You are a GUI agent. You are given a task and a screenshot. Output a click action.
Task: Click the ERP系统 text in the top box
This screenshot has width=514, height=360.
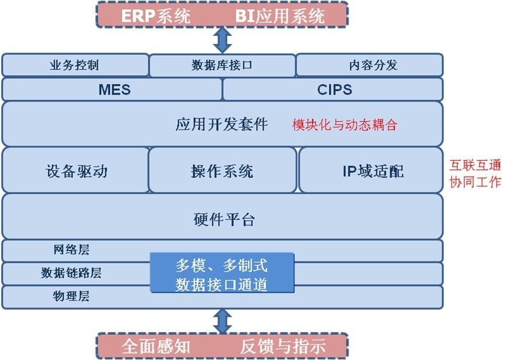point(156,15)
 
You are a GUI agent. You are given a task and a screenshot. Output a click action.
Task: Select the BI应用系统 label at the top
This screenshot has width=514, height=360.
point(280,15)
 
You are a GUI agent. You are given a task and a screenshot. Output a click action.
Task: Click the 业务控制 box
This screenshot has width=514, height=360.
point(75,65)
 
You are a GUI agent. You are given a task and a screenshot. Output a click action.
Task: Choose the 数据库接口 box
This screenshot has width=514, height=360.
point(222,65)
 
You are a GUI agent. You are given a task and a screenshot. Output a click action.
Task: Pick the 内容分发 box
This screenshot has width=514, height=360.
point(369,65)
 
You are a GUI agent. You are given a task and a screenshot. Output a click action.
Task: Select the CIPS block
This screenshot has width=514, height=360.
point(333,90)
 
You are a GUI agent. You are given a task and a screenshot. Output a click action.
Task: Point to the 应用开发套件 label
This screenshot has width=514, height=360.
point(221,124)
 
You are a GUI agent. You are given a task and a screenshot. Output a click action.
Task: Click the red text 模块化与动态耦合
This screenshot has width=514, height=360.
point(344,125)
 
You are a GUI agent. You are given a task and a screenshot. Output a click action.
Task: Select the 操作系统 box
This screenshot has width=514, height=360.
point(222,171)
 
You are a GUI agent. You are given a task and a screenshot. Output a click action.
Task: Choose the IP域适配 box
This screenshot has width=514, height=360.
point(371,171)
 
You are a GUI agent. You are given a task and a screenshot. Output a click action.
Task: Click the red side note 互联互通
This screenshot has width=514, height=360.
point(475,166)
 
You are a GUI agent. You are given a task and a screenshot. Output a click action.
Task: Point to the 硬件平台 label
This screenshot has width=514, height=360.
point(224,220)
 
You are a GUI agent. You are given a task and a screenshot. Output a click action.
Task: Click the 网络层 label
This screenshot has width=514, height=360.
point(71,250)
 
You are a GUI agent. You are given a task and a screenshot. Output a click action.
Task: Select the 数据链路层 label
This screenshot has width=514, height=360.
point(71,273)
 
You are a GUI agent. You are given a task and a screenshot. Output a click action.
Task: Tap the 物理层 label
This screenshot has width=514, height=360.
point(71,297)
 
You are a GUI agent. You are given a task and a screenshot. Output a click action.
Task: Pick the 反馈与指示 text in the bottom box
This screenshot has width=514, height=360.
point(283,346)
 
